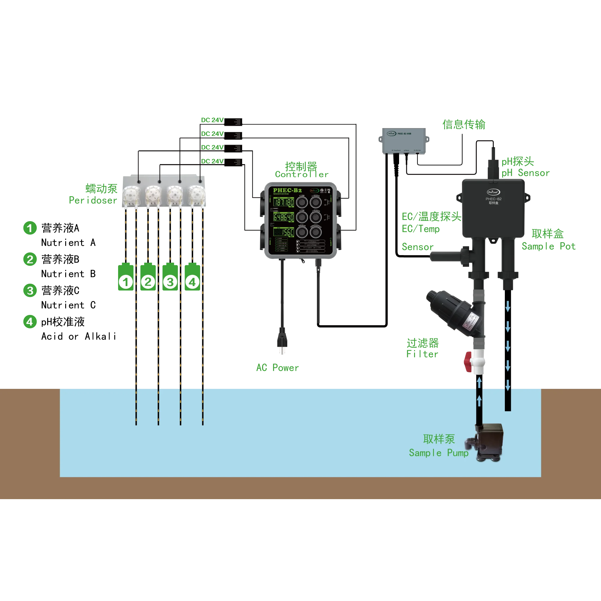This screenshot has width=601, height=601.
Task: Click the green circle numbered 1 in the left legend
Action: [x=29, y=228]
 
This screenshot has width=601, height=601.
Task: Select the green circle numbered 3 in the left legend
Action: [x=30, y=291]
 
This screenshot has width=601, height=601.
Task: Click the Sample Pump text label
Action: [x=439, y=453]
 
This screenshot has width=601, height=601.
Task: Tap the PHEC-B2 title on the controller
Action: [x=287, y=190]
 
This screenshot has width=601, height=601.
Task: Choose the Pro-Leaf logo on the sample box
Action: [x=493, y=192]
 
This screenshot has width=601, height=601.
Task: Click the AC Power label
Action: [x=277, y=368]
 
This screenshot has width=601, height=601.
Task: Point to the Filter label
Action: [x=422, y=354]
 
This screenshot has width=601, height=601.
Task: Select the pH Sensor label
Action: [x=525, y=173]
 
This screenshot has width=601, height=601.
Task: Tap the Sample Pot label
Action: [x=549, y=246]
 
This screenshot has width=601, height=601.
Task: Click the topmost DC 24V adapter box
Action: [x=233, y=122]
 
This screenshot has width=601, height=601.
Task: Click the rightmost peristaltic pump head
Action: [x=196, y=195]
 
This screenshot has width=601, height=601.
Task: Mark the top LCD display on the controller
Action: [x=283, y=203]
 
